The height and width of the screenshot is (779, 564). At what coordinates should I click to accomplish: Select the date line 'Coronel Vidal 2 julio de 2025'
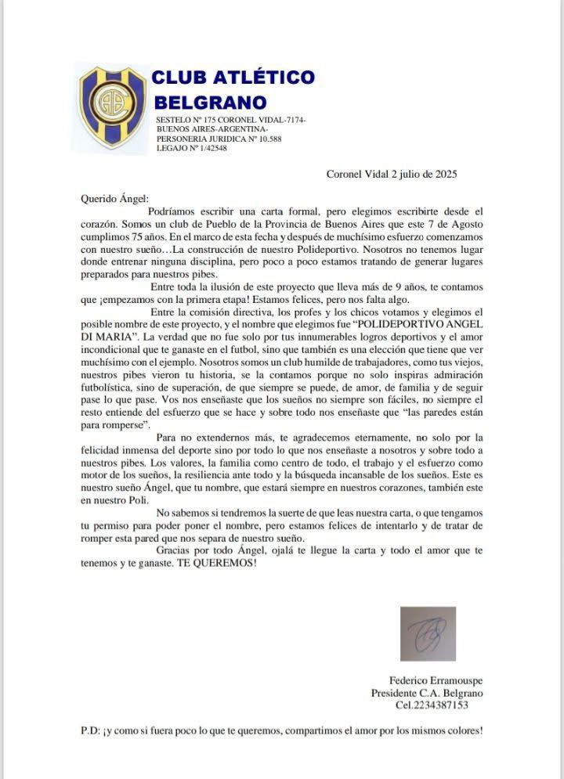point(392,174)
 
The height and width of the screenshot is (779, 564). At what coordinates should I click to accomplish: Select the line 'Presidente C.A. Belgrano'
point(427,693)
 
